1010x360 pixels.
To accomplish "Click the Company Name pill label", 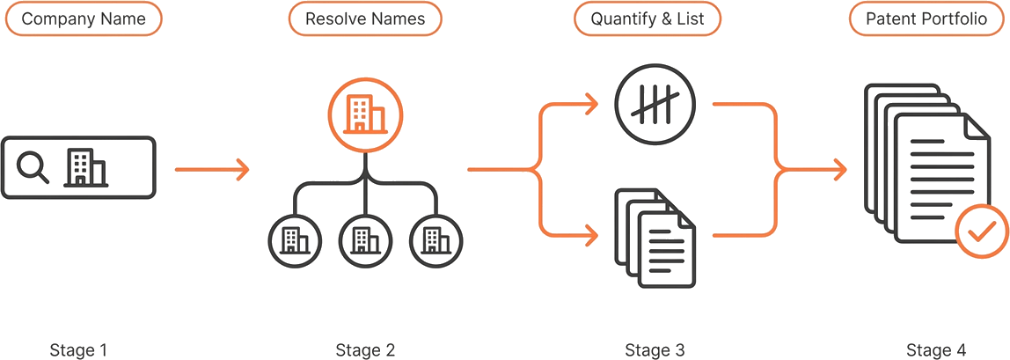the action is pos(83,18).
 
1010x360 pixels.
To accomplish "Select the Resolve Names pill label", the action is pos(365,18).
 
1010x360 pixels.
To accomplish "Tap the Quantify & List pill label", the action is pos(648,18).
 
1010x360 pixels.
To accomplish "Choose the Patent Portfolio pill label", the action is pos(926,18).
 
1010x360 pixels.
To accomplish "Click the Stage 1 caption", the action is pos(78,350).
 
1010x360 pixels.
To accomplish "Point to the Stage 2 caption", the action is pos(365,350).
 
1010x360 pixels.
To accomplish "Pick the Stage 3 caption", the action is pos(655,350).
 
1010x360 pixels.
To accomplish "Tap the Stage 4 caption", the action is pos(936,350).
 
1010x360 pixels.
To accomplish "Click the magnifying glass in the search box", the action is pos(33,167).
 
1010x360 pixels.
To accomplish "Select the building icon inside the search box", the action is pos(85,167).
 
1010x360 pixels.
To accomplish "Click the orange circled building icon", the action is pos(365,114).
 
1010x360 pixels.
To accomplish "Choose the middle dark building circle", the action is pos(365,240).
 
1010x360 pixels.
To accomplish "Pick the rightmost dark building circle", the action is pos(436,240).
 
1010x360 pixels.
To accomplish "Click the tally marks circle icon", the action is pos(655,103).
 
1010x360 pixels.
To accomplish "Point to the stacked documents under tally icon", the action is pos(655,238).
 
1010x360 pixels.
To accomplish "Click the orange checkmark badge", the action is pos(980,231).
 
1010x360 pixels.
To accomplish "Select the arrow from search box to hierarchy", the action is pos(212,169).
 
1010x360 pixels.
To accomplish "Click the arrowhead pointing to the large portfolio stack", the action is pos(838,169).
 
